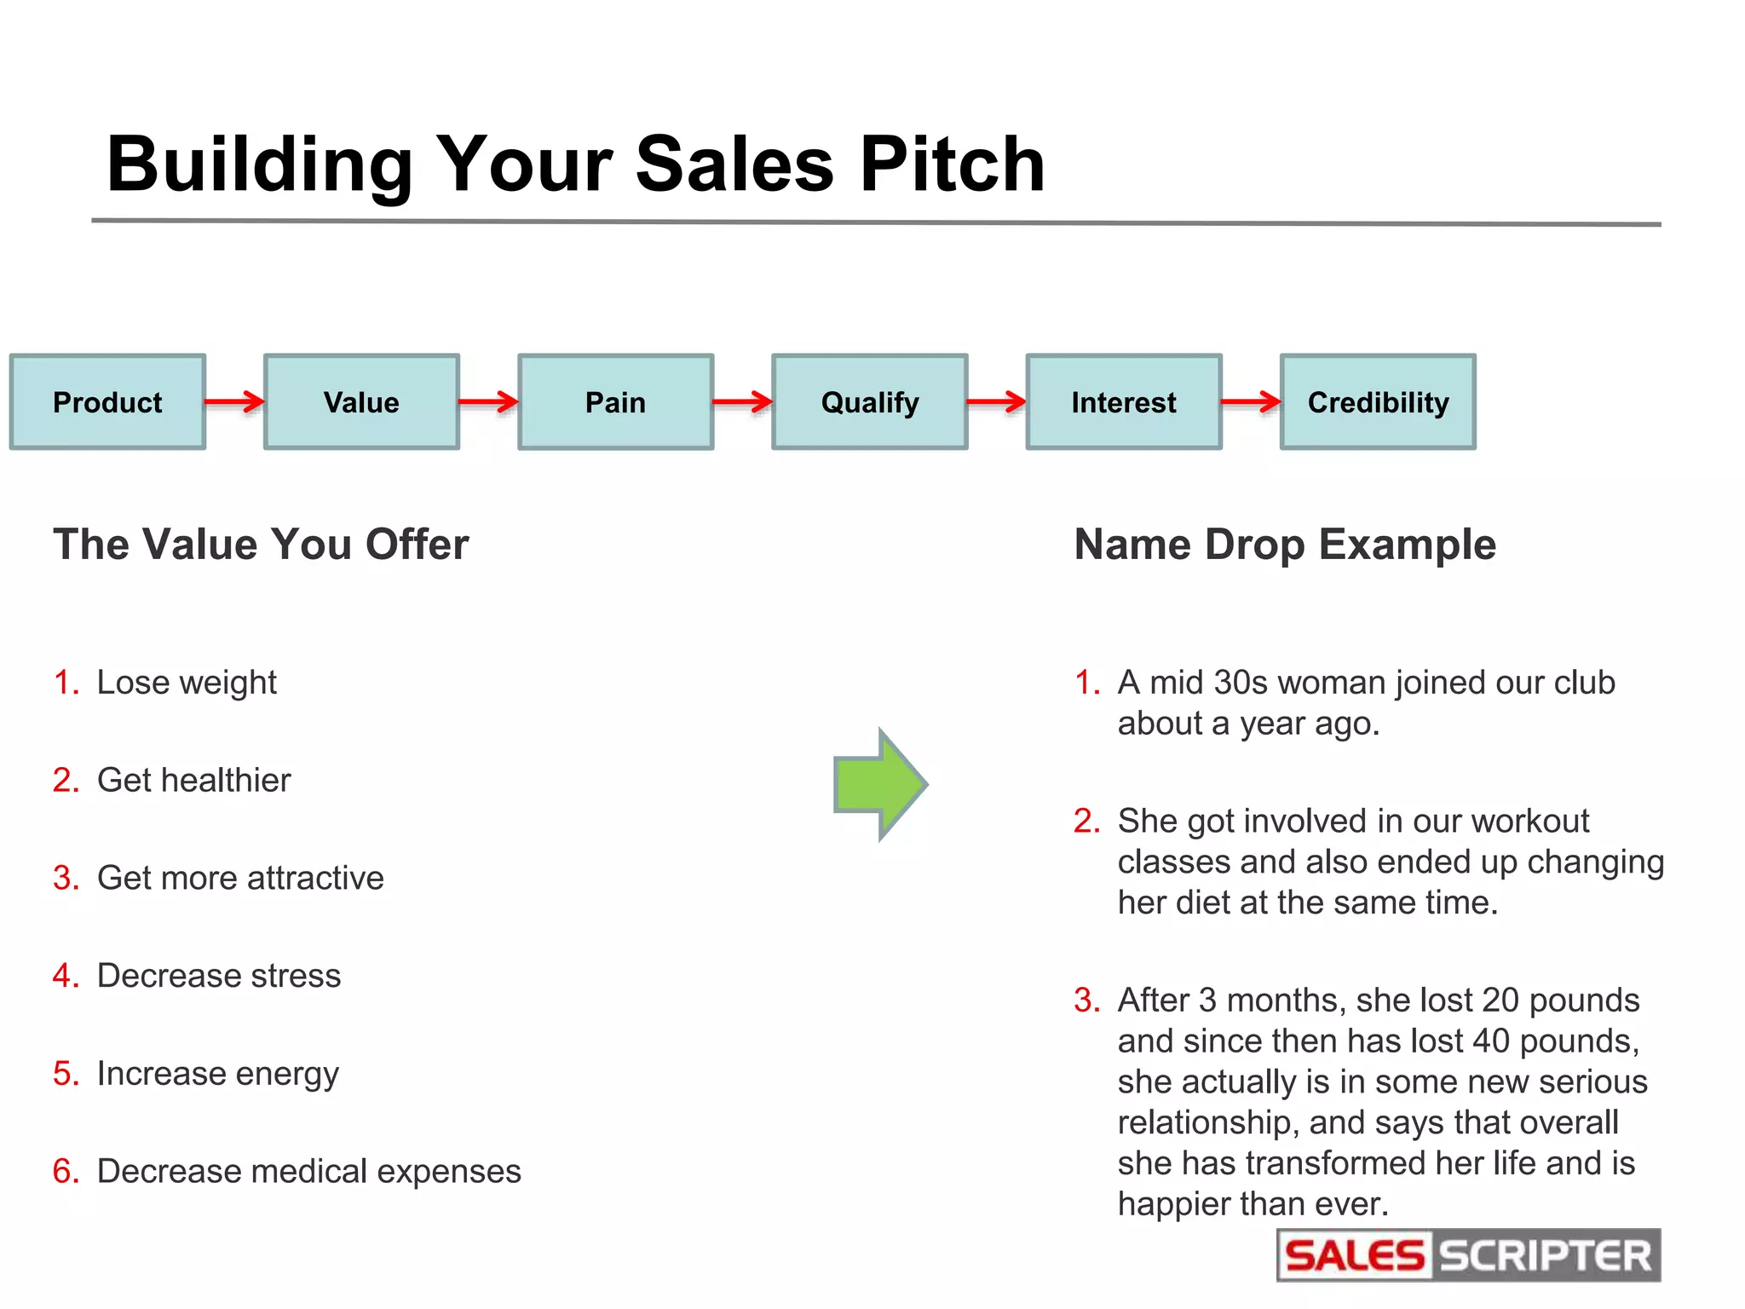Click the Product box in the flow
pos(107,401)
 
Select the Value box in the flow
pos(361,401)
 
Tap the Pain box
pos(615,401)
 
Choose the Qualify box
pos(869,401)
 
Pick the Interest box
pos(1123,401)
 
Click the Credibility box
pos(1378,401)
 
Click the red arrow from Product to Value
pos(234,401)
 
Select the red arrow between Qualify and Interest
pos(996,401)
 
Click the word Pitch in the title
pos(952,164)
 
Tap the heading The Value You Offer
pos(261,544)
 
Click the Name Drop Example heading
pos(1284,544)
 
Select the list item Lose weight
pos(187,683)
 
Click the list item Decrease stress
pos(218,976)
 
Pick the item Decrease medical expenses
pos(308,1171)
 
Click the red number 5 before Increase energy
pos(63,1073)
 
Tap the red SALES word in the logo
pos(1354,1256)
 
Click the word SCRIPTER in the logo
pos(1545,1256)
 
